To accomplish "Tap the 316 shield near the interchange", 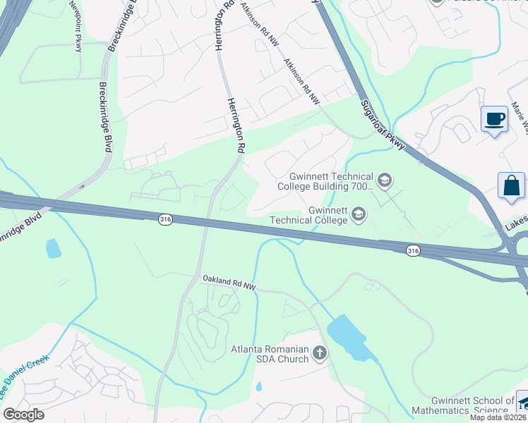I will click(414, 250).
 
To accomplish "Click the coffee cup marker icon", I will click(495, 118).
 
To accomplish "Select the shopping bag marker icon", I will click(511, 186).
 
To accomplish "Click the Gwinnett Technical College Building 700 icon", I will click(385, 181).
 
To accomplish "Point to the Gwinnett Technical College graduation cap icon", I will click(359, 214).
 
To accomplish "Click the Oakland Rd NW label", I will click(229, 283).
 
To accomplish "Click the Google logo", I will click(23, 415).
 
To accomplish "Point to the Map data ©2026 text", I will click(498, 417).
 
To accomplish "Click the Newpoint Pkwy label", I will click(76, 26).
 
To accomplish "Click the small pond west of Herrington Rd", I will click(52, 248).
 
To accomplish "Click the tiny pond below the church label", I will click(258, 386).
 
